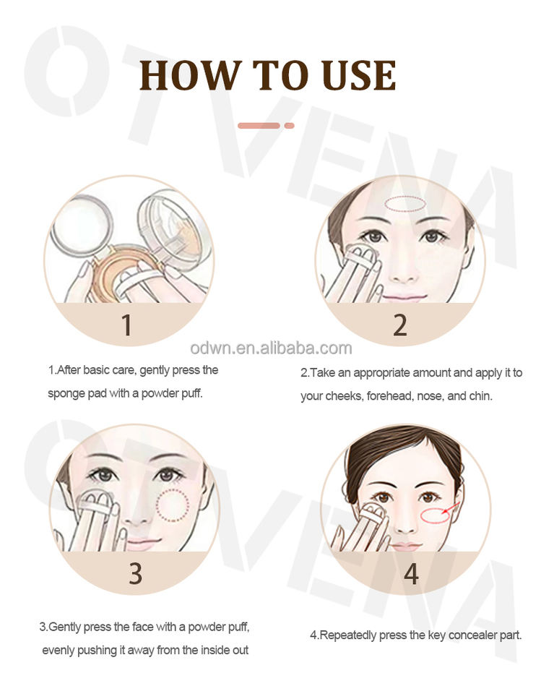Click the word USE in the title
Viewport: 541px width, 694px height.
tap(359, 75)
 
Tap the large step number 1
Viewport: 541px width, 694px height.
tap(127, 325)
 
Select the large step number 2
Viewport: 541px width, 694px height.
tap(400, 325)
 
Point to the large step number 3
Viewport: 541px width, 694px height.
tap(136, 573)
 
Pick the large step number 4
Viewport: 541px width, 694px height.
tap(411, 573)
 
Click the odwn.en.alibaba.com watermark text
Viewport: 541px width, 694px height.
tap(271, 348)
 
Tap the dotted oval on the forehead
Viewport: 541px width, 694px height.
tap(405, 204)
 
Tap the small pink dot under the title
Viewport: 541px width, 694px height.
tap(290, 126)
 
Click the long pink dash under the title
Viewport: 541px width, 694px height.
tap(259, 126)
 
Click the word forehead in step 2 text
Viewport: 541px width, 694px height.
tap(391, 395)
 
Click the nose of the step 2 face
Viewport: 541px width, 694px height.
tap(402, 269)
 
